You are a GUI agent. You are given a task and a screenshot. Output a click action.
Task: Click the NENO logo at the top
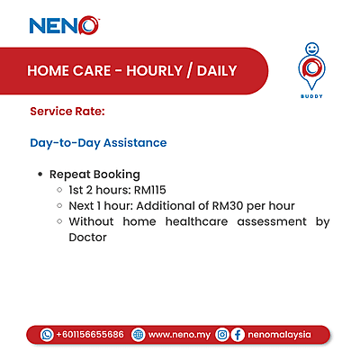click(64, 24)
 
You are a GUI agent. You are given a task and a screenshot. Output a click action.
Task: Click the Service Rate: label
click(67, 112)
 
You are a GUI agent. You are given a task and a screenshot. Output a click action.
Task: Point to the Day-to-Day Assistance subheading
click(98, 143)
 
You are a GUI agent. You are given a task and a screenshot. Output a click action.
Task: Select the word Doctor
click(87, 238)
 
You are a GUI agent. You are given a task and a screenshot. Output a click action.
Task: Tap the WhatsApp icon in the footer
click(47, 334)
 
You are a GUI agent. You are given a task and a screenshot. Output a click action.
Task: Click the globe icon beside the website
click(138, 334)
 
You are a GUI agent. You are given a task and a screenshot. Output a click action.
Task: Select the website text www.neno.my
click(178, 334)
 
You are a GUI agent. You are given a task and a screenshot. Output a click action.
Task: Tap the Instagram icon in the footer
click(222, 334)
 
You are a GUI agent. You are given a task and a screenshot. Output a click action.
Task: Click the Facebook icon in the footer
click(238, 334)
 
